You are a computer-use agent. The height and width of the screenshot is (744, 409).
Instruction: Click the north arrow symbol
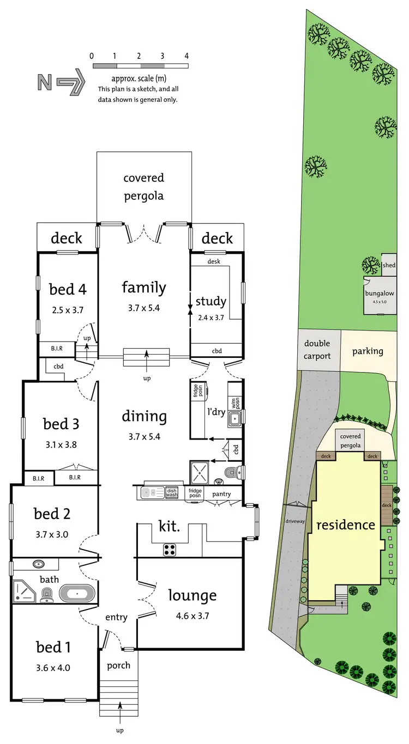point(61,82)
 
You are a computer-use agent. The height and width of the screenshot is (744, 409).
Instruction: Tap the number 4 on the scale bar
point(187,56)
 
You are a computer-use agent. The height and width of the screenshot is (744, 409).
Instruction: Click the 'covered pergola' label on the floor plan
point(143,186)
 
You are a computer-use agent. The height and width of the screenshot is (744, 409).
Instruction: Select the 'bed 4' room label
point(68,288)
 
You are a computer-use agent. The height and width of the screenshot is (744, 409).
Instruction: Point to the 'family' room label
point(143,287)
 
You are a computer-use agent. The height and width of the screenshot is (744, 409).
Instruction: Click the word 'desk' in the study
point(214,261)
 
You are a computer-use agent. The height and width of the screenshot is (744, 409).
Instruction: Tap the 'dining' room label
point(144,417)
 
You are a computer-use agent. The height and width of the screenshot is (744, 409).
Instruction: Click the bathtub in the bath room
point(77,592)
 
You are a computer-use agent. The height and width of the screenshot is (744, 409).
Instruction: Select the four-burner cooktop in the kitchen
point(169,550)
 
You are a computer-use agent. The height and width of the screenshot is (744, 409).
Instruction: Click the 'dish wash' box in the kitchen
point(172,492)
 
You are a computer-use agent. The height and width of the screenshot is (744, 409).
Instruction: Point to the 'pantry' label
point(222,495)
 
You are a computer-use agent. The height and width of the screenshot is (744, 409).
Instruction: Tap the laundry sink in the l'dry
point(234,419)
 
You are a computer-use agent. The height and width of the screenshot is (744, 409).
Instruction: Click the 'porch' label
point(118,666)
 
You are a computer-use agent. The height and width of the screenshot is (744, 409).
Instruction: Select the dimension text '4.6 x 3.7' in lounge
point(192,617)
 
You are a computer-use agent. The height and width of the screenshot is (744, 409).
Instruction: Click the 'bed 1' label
point(53,647)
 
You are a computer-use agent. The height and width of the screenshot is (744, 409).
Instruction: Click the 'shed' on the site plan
point(389,265)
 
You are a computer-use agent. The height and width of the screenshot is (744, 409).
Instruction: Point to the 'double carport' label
point(317,350)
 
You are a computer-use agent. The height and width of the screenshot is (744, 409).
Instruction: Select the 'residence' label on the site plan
point(346,525)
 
